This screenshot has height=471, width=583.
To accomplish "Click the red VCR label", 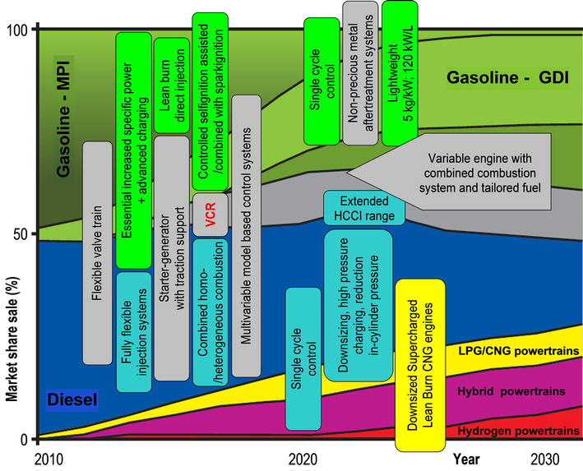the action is (x=211, y=215).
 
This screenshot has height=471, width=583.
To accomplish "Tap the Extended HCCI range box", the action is (x=364, y=208).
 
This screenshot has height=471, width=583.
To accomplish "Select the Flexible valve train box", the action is (x=97, y=253).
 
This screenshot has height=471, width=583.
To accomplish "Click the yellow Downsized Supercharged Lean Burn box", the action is (x=420, y=365).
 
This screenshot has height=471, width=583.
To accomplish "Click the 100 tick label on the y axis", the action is (x=17, y=30).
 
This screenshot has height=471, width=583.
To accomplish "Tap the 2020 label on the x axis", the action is (x=303, y=459).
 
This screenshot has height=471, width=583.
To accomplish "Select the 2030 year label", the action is (x=544, y=459).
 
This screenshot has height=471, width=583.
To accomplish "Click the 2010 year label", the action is (x=49, y=459).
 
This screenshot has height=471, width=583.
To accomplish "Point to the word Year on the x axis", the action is (x=466, y=459).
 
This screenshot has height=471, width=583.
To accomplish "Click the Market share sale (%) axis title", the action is (x=12, y=339).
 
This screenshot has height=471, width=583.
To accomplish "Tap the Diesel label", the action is (x=72, y=400).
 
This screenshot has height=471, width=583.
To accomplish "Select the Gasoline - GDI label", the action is (x=508, y=77).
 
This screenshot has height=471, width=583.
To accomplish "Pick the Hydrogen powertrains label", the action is (x=518, y=431).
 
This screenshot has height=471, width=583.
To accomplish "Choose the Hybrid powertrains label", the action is (x=511, y=391).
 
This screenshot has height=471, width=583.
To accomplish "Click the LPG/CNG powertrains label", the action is (x=519, y=351).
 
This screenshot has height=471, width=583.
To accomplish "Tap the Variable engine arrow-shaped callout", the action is (x=449, y=172).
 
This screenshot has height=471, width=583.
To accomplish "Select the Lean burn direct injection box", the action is (x=172, y=85).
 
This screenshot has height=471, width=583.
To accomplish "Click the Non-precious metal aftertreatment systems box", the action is (x=360, y=73).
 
